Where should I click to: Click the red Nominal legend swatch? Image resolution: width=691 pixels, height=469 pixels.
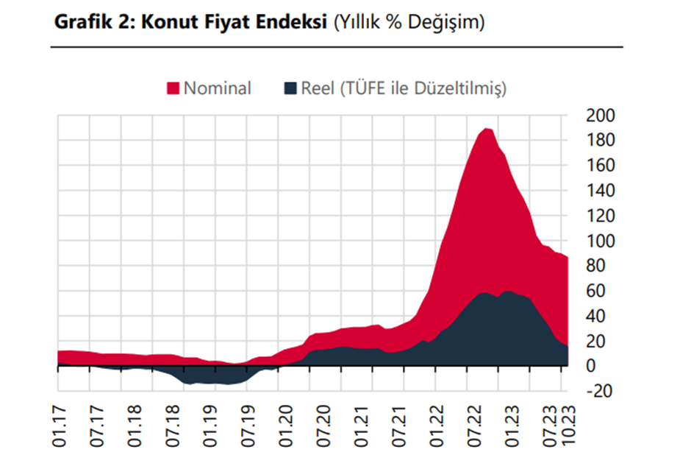click(x=173, y=89)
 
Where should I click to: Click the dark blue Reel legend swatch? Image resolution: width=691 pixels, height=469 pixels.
click(x=290, y=89)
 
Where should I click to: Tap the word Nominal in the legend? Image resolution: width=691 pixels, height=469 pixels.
click(x=217, y=89)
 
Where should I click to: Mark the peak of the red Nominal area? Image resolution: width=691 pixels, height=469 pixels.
click(x=486, y=130)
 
